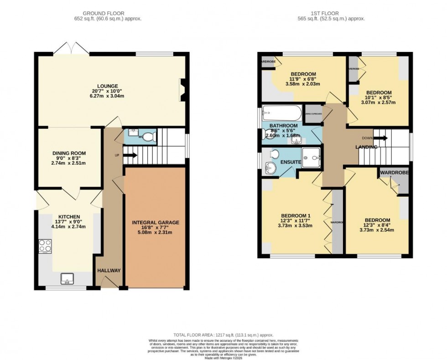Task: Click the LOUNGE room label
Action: tap(107, 86)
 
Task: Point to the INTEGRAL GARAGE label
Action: tap(156, 223)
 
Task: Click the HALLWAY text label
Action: tap(109, 271)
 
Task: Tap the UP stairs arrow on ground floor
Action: tap(130, 155)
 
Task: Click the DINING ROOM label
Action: tap(69, 153)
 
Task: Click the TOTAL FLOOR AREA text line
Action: tap(223, 335)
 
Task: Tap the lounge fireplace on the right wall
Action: tap(182, 90)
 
